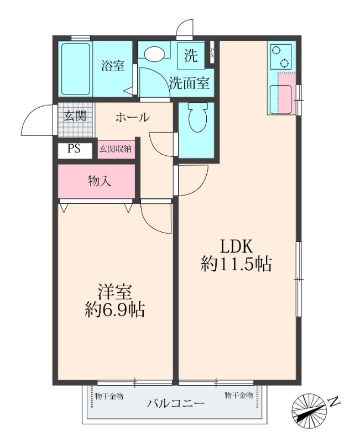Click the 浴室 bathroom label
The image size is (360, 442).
pos(112,66)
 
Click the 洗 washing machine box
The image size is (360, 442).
pos(191,55)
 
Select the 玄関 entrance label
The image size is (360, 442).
pos(74,116)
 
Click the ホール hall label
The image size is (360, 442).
pos(132,117)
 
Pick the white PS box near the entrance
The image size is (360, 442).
pos(74,149)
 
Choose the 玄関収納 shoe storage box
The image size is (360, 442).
pos(116,149)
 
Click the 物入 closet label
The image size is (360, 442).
pos(97,181)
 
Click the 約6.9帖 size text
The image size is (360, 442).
pos(114,311)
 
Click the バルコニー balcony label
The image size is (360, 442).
pos(176,403)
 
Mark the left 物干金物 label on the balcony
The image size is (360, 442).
pos(109,396)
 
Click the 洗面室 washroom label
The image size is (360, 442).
pos(190,84)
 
